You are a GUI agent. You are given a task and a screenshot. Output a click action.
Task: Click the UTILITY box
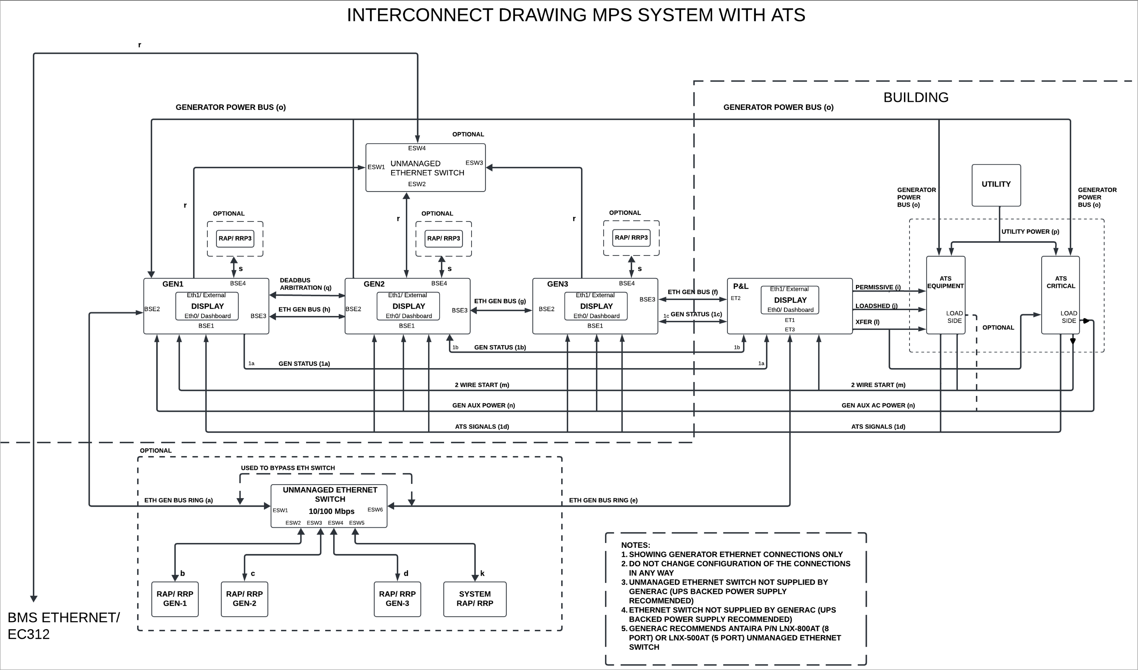click(996, 185)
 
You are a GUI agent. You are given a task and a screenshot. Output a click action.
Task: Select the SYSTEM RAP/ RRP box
click(475, 599)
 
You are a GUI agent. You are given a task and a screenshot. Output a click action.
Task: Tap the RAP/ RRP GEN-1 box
click(175, 599)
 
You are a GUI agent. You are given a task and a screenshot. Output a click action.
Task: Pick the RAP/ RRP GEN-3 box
click(397, 599)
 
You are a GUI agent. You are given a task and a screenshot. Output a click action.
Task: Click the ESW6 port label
click(375, 510)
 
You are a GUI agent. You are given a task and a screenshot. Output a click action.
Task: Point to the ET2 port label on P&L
click(736, 298)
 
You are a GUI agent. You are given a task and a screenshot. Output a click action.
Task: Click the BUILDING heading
click(915, 98)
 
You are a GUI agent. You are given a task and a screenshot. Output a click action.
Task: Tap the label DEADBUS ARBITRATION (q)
click(305, 284)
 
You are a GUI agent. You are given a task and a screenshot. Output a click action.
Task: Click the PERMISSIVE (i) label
click(878, 287)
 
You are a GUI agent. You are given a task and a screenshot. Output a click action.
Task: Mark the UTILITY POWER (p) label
click(1030, 232)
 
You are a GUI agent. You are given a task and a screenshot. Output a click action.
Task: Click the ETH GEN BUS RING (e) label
click(603, 500)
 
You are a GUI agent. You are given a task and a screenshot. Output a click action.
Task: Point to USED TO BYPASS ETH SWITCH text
click(288, 468)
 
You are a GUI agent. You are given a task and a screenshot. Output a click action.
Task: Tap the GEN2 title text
click(374, 284)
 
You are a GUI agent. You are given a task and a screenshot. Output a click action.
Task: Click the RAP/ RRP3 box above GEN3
click(631, 237)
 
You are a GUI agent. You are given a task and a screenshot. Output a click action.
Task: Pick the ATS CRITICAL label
click(1060, 282)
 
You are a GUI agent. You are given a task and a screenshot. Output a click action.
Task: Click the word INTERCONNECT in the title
click(419, 15)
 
